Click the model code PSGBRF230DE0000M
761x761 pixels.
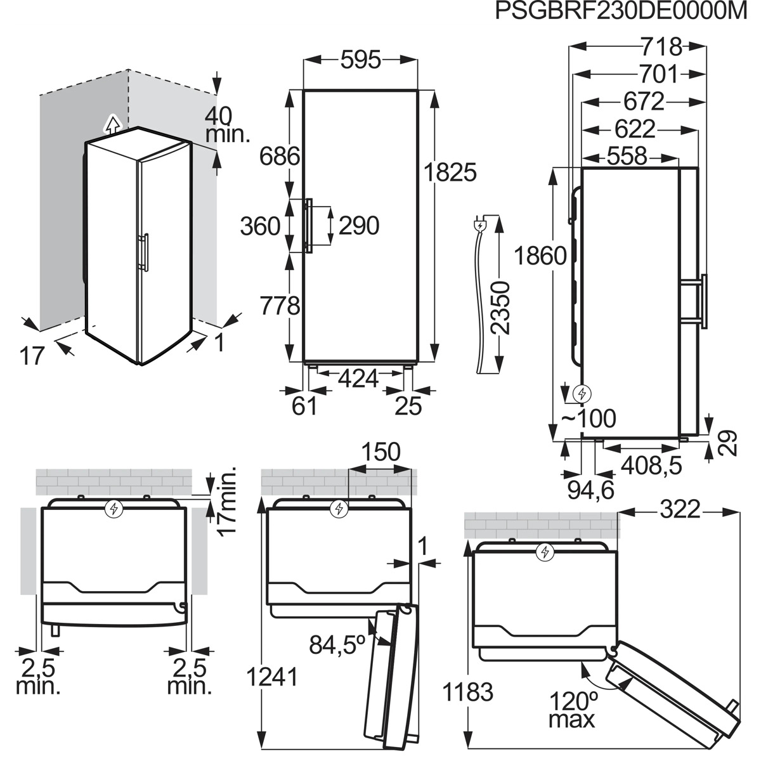point(621,11)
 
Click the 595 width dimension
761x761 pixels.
point(361,60)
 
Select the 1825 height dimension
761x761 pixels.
point(450,172)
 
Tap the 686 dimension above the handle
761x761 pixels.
point(280,157)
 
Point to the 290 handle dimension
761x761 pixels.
point(358,226)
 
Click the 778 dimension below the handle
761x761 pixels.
point(280,305)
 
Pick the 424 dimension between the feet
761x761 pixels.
point(358,379)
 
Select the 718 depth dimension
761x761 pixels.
point(661,47)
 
